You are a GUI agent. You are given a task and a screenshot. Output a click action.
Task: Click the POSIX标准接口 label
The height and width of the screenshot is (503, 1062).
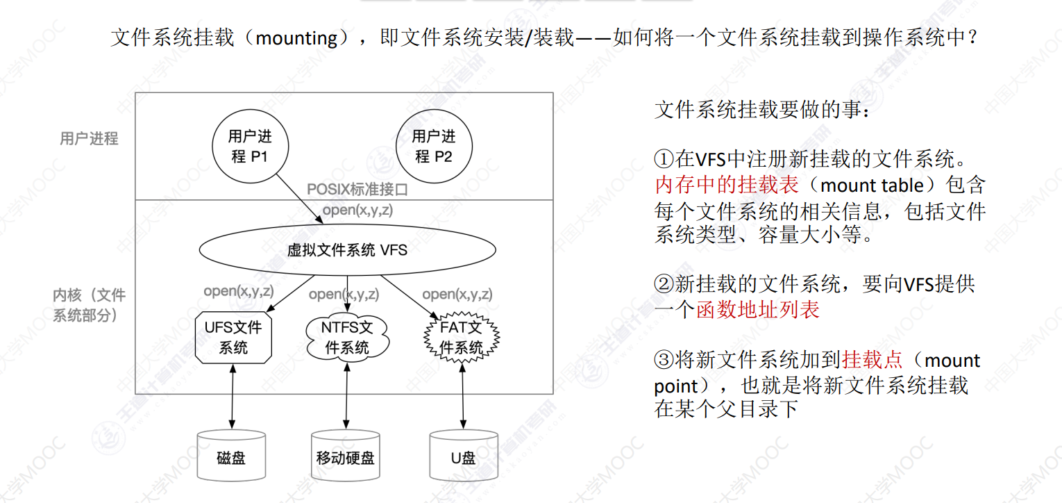pyautogui.click(x=357, y=190)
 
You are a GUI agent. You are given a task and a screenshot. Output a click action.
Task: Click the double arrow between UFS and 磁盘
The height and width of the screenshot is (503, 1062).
pyautogui.click(x=233, y=397)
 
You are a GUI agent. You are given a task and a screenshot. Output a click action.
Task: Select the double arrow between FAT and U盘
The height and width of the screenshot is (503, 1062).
pyautogui.click(x=463, y=397)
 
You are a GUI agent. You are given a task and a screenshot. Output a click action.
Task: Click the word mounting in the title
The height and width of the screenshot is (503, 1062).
pyautogui.click(x=297, y=38)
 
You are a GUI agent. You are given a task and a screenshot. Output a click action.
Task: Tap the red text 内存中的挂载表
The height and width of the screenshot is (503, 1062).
pyautogui.click(x=727, y=185)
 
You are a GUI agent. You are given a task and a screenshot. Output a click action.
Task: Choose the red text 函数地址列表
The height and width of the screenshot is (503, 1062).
pyautogui.click(x=757, y=309)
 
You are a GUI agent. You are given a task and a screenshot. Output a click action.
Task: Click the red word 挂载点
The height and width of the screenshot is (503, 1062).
pyautogui.click(x=873, y=360)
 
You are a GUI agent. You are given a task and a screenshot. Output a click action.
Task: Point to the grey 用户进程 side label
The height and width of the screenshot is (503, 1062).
pyautogui.click(x=89, y=138)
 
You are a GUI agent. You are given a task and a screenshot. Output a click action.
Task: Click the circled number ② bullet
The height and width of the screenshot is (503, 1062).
pyautogui.click(x=664, y=283)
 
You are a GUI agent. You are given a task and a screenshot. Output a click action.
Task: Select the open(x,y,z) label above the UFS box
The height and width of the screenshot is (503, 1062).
pyautogui.click(x=239, y=291)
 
